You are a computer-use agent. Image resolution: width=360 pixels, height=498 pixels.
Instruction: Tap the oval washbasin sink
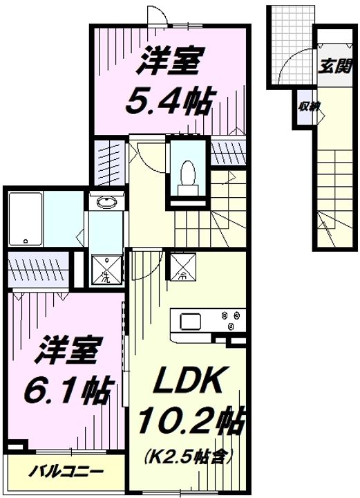coord(106,203)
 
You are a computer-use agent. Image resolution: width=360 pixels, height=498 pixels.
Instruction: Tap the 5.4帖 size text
coord(169,101)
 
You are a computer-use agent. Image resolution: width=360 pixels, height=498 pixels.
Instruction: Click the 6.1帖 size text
coord(67,392)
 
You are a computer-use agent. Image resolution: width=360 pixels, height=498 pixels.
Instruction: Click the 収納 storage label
coord(308,107)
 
